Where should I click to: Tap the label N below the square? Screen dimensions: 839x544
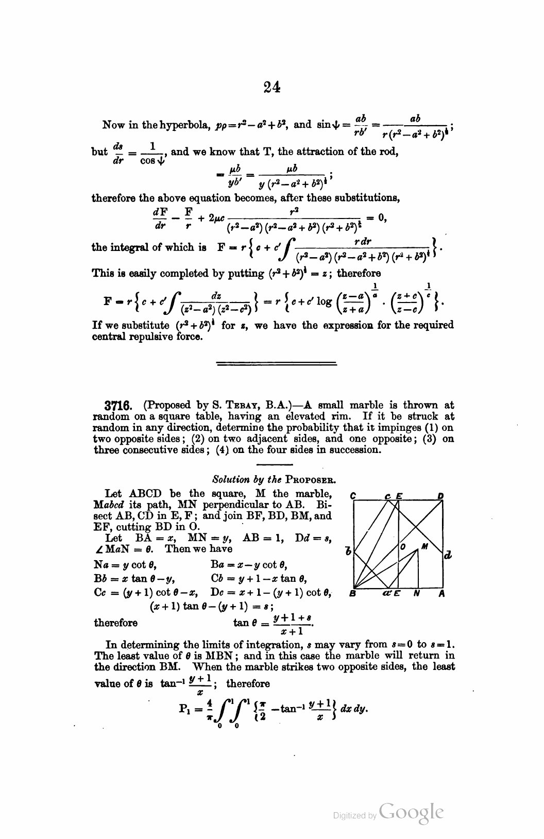tap(417, 593)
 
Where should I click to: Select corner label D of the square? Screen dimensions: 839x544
tap(440, 496)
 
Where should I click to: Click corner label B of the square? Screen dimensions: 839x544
tap(353, 593)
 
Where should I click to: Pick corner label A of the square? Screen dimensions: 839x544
tap(441, 593)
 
